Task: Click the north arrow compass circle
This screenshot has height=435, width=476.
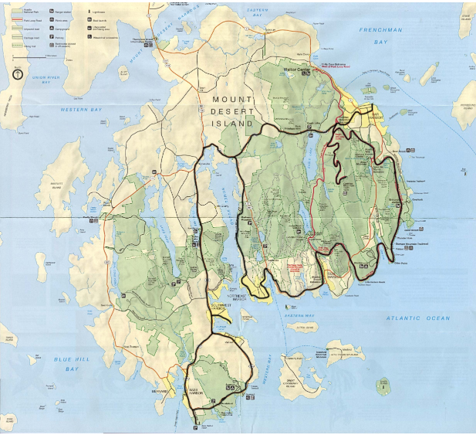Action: [17, 75]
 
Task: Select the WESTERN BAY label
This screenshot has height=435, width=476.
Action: [81, 110]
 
